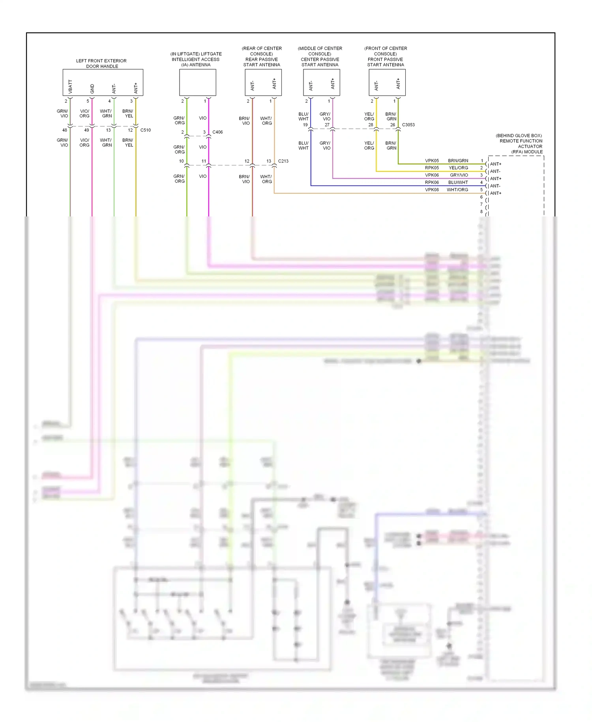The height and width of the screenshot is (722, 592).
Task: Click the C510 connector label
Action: coord(145,130)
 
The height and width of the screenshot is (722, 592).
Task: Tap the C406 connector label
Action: coord(217,132)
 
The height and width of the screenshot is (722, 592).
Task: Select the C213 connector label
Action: coord(283,161)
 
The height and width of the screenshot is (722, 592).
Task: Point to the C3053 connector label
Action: coord(408,125)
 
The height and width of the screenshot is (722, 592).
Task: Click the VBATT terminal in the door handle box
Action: coord(70,86)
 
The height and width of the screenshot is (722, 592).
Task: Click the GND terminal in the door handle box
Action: coord(92,88)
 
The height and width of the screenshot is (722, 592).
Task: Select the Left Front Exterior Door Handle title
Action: coord(101,64)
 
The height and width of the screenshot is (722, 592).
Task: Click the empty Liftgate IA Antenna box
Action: coord(197,82)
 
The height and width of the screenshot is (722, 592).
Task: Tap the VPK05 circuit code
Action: coord(432,161)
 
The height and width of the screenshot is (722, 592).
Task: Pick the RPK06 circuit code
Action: coord(432,182)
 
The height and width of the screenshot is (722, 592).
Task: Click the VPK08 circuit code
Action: coord(432,190)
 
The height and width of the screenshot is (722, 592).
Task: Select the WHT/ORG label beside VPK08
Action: coord(457,190)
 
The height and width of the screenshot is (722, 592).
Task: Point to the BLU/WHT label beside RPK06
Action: coord(458,182)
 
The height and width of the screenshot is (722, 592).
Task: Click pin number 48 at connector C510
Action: coord(65,130)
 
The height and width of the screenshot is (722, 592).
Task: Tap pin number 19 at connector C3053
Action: coord(305,125)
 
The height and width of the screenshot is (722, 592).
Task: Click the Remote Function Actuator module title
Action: coord(520,144)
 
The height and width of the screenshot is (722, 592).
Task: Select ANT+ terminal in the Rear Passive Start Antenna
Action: coord(274,83)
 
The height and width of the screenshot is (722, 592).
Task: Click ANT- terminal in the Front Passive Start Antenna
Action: coord(376,85)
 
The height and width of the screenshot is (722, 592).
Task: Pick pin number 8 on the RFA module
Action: coord(481,212)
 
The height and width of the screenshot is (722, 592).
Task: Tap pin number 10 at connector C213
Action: coord(181,161)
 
